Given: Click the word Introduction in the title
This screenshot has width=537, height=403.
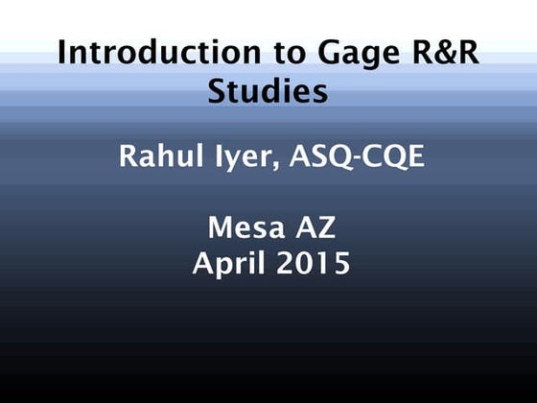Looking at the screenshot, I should [x=141, y=52].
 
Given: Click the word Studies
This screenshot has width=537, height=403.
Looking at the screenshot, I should [x=268, y=93].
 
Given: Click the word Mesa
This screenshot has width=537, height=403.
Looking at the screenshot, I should [x=246, y=228].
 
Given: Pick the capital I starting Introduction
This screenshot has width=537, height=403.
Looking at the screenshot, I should [x=62, y=52].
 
